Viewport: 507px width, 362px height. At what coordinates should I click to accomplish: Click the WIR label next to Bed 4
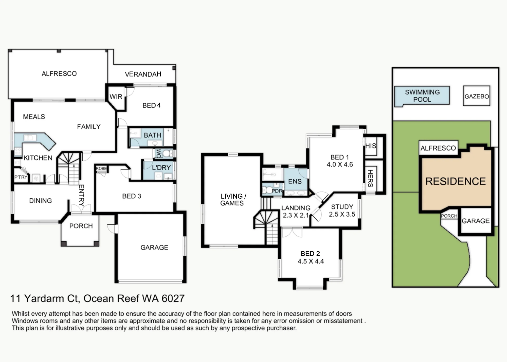(116, 97)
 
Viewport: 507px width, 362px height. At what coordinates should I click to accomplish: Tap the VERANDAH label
(143, 74)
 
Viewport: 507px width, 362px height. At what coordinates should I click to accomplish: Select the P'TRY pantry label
(21, 177)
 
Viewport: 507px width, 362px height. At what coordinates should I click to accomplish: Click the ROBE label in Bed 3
(101, 168)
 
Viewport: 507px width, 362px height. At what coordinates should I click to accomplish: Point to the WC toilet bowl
(166, 153)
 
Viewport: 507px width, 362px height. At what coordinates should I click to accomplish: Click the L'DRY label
(161, 168)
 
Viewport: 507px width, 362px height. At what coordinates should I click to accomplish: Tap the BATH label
(152, 135)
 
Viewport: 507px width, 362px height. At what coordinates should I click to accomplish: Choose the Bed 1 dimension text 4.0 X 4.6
(340, 164)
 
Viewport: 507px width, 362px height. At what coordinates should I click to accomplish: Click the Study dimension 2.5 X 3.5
(342, 214)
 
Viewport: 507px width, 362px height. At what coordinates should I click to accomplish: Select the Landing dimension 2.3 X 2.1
(296, 215)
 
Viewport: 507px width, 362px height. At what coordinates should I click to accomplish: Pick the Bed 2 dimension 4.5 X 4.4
(311, 261)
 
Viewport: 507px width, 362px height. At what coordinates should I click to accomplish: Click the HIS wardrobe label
(371, 146)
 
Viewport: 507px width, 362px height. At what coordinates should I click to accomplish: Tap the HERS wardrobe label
(370, 178)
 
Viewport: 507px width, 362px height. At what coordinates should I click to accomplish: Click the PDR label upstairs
(277, 191)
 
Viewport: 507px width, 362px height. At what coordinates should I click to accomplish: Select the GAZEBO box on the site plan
(477, 96)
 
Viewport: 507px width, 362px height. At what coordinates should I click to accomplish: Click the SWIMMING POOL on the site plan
(422, 96)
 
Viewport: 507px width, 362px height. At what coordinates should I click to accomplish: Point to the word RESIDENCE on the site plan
(456, 181)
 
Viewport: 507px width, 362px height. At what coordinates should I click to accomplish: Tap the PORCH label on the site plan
(449, 216)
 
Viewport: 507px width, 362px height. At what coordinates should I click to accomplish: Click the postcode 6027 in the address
(173, 298)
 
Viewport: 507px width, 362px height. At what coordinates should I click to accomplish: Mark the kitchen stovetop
(18, 151)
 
